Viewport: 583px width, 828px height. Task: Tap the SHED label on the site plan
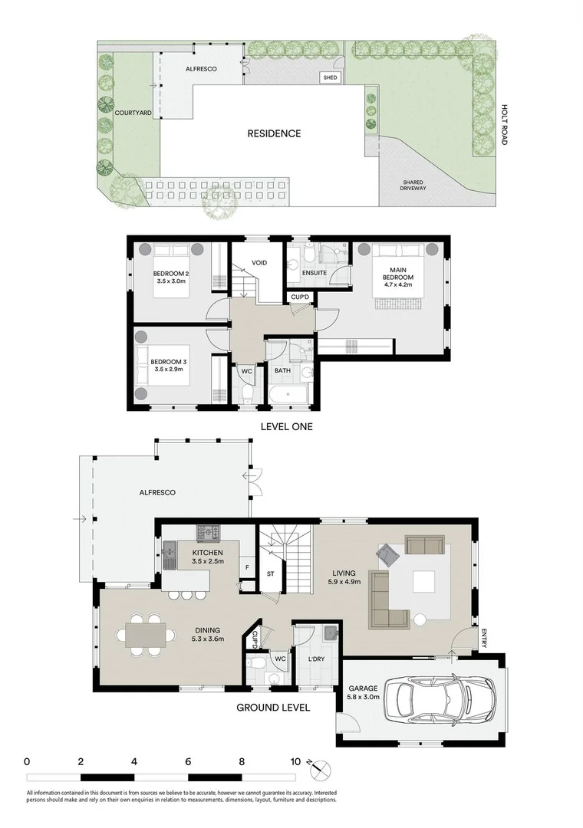pos(330,77)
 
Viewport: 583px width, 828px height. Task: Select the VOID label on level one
pos(259,263)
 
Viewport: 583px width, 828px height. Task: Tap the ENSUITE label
pos(315,272)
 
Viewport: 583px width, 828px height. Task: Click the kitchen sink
pos(169,550)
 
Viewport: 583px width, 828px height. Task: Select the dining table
pos(145,635)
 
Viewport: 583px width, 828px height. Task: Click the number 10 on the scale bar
pos(295,762)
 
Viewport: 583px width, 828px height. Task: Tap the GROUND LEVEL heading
pos(273,708)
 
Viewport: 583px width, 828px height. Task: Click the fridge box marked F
pos(247,567)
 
